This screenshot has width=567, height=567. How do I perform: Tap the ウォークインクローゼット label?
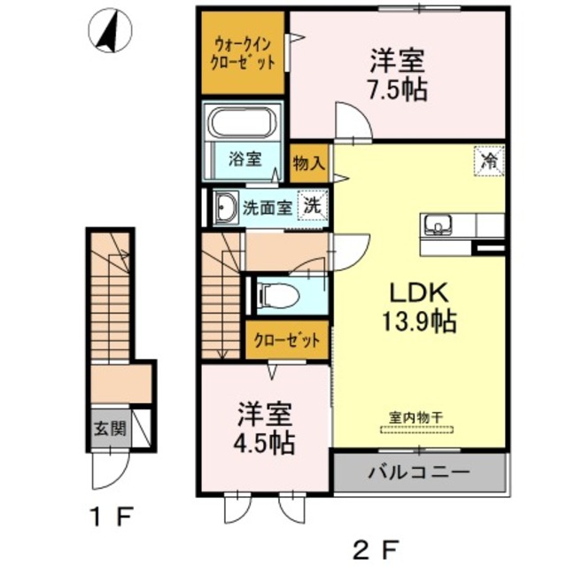point(242,53)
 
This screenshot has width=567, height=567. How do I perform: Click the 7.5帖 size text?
point(397,89)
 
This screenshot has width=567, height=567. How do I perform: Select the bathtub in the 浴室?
point(243,124)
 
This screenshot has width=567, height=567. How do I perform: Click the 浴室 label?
point(245,159)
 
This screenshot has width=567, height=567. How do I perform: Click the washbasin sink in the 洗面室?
point(224,207)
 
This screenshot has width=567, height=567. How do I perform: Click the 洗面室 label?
point(268,207)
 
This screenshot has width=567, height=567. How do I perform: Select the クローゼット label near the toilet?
point(287,341)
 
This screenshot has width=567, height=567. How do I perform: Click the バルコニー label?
point(419,472)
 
